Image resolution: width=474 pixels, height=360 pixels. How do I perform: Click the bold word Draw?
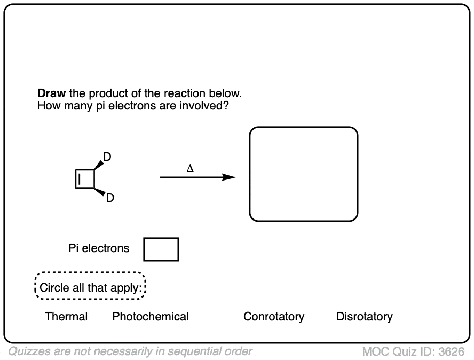pos(51,93)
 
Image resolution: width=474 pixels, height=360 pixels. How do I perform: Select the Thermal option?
pos(66,317)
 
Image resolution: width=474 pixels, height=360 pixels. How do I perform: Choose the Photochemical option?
pos(151,317)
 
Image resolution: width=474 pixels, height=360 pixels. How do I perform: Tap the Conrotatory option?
pos(274,317)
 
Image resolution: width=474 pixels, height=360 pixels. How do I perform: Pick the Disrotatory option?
pos(364,317)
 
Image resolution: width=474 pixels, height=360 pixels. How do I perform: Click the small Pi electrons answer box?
pos(161,249)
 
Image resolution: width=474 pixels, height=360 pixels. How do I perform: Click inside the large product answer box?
pos(303,174)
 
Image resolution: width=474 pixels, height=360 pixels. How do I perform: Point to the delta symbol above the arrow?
pos(190,169)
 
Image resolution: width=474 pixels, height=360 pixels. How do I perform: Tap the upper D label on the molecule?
pos(107,157)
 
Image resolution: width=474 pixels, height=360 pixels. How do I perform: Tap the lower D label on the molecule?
pos(109,198)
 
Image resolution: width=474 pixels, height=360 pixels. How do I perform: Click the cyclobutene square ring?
pos(85,179)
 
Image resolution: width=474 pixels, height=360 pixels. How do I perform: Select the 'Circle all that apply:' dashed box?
pos(90,288)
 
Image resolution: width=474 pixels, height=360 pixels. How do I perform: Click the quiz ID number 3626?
pos(451,351)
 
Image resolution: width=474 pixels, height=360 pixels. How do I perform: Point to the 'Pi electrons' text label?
pos(99,248)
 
